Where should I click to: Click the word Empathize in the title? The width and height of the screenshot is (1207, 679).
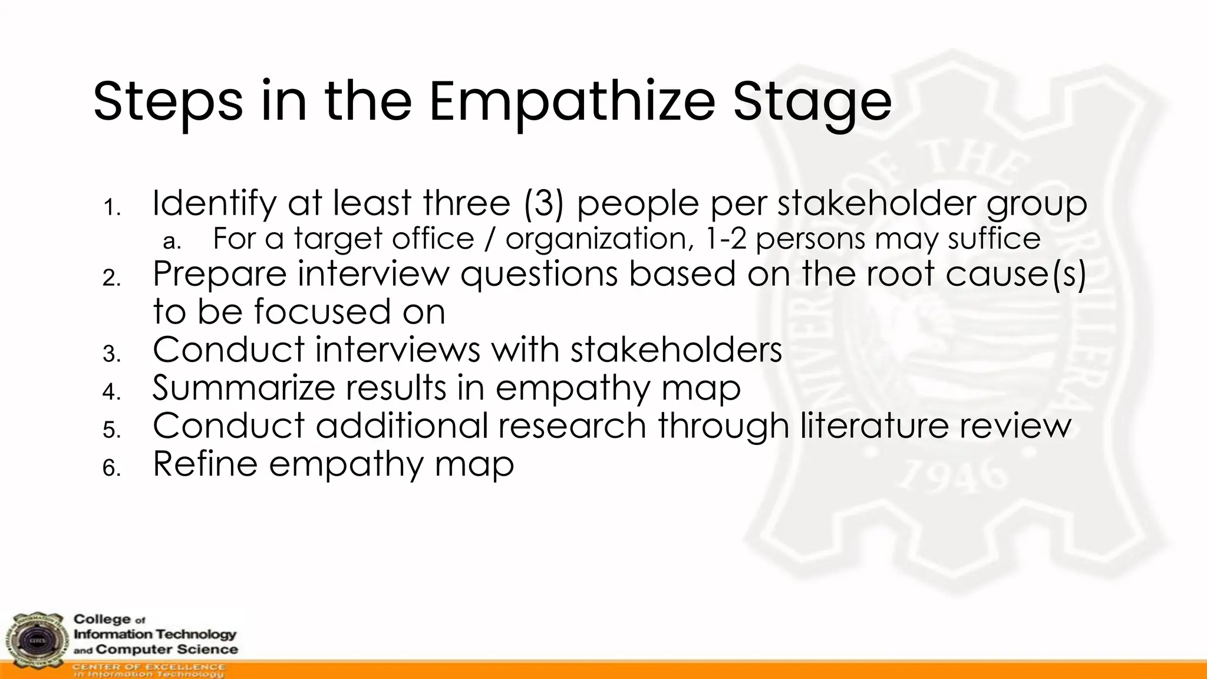572,101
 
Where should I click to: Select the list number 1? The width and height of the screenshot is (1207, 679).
111,207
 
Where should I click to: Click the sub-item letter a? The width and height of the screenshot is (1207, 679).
172,241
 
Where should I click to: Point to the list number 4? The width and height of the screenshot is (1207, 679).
111,391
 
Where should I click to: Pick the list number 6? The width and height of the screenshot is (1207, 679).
111,468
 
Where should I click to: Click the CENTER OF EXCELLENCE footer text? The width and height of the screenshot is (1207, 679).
149,667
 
